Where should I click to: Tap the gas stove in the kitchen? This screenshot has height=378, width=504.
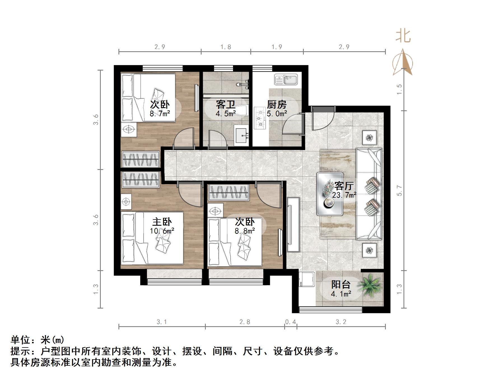260,118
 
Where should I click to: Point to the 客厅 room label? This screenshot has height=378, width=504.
344,186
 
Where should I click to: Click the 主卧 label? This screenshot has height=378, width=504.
162,222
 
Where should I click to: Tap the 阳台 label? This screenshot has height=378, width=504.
341,284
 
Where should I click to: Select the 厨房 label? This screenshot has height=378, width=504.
277,105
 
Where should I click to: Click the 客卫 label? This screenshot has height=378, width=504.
225,105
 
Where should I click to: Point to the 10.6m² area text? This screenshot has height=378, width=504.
162,231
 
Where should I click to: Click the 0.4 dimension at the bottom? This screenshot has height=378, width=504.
291,322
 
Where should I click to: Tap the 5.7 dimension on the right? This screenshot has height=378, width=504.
400,190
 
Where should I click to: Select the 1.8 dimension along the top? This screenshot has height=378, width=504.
226,47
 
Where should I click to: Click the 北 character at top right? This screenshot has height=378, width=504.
403,36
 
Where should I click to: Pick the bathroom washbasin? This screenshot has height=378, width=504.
242,135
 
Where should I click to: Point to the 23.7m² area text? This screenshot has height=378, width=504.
344,195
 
